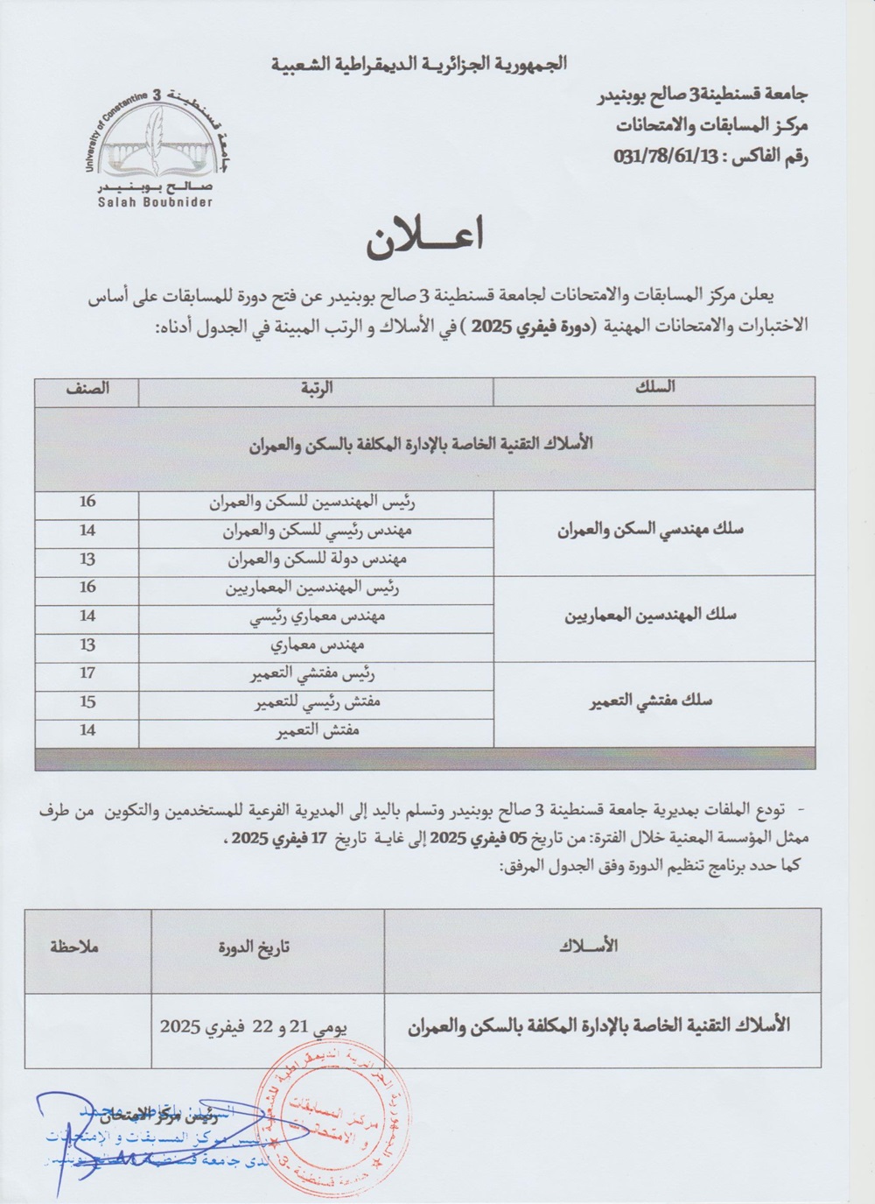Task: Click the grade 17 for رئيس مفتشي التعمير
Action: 87,673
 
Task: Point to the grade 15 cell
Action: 87,701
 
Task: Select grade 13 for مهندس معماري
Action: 87,644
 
